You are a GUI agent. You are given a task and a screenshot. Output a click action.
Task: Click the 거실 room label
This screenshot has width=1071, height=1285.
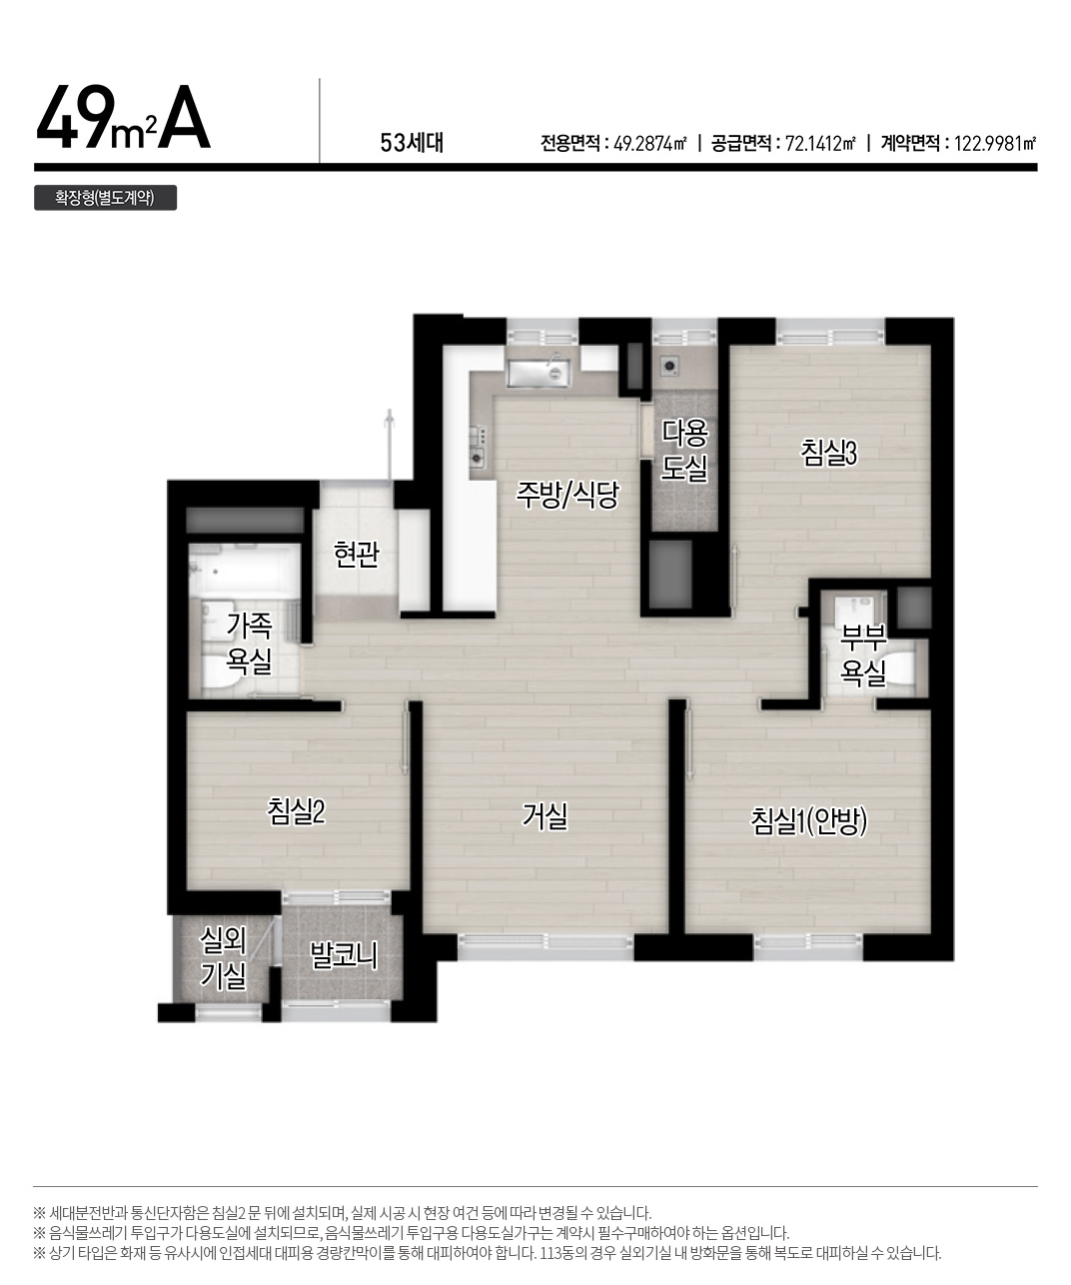tap(544, 816)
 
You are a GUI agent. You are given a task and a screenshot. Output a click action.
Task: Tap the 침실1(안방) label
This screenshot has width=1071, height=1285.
tap(809, 821)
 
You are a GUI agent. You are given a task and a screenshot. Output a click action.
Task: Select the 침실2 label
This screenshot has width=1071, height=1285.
tap(296, 811)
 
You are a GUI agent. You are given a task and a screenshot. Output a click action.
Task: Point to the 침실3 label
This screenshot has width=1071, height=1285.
tap(828, 453)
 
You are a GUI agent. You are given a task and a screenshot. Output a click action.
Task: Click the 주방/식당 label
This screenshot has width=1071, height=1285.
tap(566, 495)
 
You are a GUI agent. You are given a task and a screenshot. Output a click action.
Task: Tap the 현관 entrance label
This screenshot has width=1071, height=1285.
tap(357, 555)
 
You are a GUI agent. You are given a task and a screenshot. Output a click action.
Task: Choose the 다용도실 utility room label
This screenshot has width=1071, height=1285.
tap(684, 451)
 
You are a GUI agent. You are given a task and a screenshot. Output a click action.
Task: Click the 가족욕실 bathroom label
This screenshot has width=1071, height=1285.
tap(249, 643)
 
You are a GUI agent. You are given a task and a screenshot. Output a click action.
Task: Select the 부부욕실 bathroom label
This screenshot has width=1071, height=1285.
tap(863, 656)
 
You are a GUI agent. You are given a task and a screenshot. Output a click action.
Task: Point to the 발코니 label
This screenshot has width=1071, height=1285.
tap(344, 955)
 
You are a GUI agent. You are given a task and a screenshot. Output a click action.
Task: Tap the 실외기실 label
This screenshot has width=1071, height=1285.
tap(223, 957)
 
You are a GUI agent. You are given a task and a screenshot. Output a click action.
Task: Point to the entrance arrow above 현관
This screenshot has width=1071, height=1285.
tap(389, 445)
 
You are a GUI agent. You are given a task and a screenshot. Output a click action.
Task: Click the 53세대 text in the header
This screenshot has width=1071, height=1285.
tap(412, 144)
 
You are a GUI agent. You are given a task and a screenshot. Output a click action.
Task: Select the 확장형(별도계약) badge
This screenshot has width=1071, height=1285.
tap(105, 198)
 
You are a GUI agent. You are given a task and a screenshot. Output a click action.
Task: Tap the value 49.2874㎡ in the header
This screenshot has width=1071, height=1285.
tap(650, 144)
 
